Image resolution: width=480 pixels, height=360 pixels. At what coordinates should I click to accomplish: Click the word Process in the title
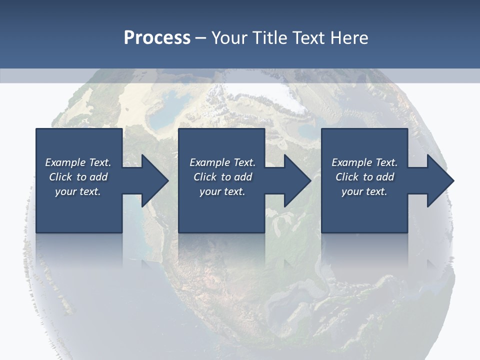point(157,37)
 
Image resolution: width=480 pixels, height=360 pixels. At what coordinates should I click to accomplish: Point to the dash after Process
point(201,38)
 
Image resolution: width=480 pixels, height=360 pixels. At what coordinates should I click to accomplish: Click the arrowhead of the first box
point(155,180)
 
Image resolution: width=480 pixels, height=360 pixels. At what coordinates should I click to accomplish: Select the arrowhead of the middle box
point(297,180)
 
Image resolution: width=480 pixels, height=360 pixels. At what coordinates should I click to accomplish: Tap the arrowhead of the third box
point(440,180)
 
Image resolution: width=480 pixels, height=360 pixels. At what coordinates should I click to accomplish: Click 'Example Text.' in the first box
point(78,162)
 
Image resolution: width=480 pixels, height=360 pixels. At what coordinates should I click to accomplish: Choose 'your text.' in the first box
point(78,191)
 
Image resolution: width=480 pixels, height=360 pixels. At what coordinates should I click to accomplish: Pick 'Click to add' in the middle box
point(222,177)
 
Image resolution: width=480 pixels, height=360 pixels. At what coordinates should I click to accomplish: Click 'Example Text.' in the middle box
point(222,162)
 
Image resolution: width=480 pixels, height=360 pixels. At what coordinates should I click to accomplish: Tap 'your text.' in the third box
point(364,191)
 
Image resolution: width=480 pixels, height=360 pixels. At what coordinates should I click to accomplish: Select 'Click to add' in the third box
point(364,177)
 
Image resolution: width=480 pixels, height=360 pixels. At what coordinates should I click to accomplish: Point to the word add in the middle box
point(243,177)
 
